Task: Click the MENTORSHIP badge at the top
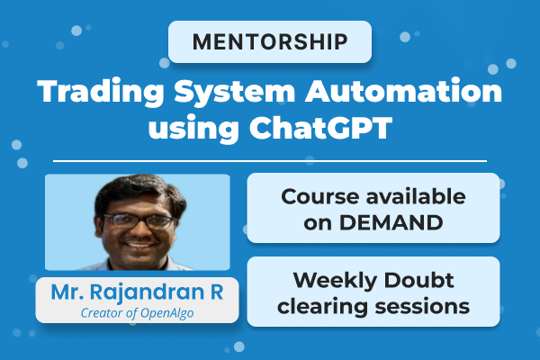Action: (270, 42)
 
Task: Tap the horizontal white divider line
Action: (270, 161)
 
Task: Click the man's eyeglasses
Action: (138, 220)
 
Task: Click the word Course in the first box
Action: (317, 195)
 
